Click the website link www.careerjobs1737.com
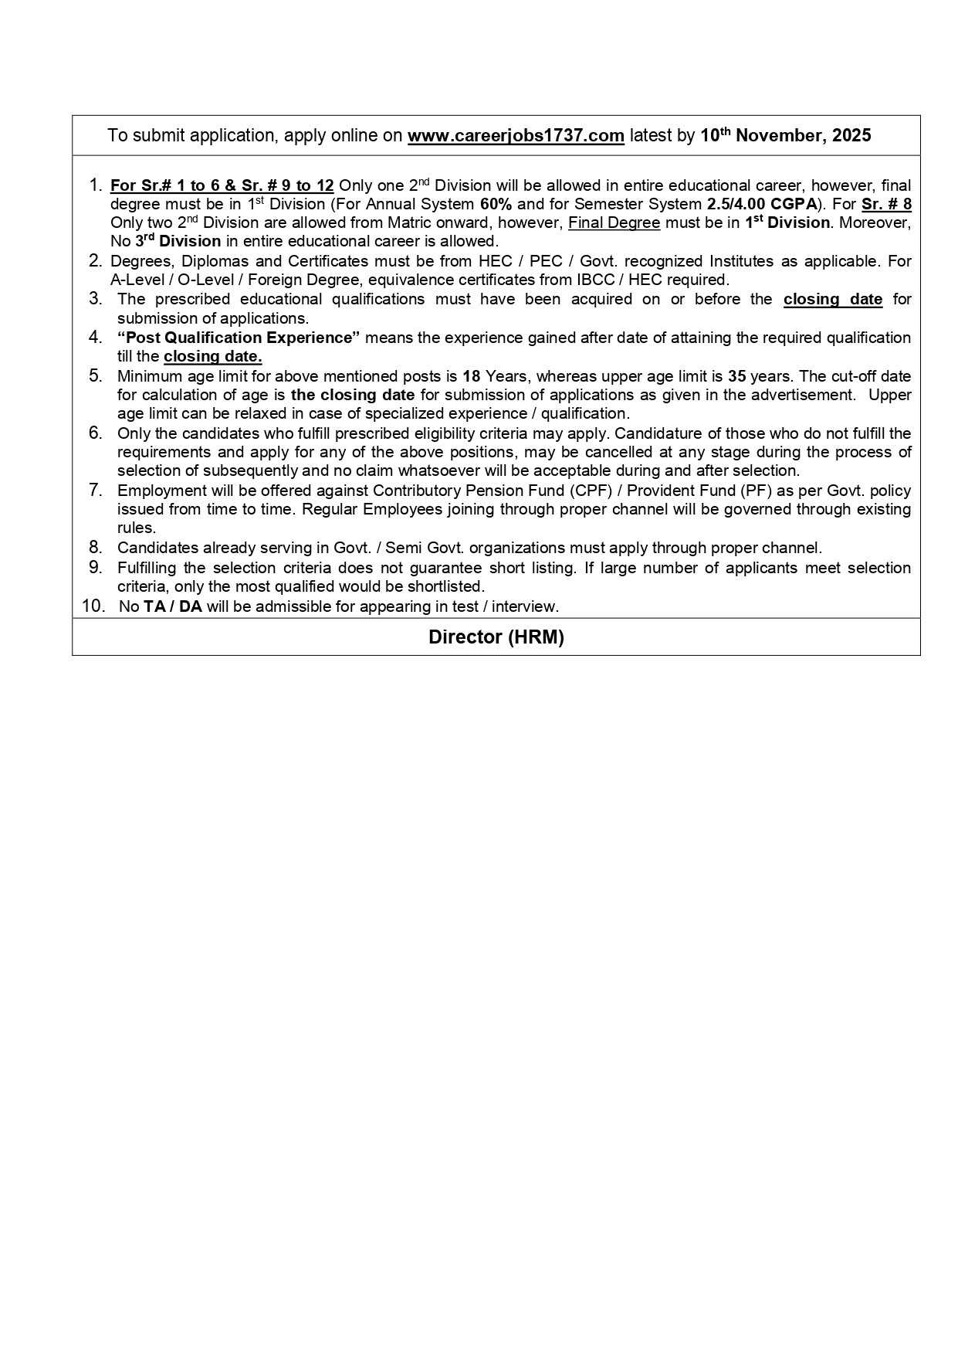point(515,136)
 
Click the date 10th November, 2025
point(785,136)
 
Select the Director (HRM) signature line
point(496,637)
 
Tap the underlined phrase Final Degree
point(614,223)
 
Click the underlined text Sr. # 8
point(886,205)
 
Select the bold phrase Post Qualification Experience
point(239,338)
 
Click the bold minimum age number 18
point(471,376)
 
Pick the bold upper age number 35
point(736,376)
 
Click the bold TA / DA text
point(172,606)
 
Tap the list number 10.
point(93,606)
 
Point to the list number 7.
point(96,490)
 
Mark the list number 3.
point(96,299)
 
